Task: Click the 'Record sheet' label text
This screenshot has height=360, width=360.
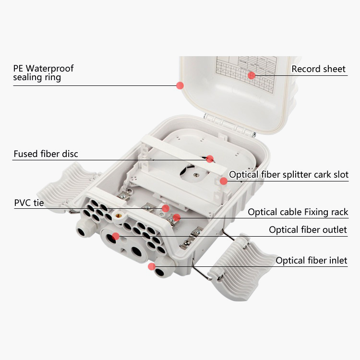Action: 318,69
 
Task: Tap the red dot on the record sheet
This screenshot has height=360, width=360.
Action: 252,75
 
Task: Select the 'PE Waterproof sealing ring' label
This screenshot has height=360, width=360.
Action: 43,73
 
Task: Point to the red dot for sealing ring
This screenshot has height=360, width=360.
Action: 180,85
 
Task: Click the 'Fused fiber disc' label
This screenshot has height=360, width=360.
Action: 46,154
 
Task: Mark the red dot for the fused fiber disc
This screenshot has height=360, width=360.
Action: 210,159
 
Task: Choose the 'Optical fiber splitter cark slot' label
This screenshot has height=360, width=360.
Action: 288,175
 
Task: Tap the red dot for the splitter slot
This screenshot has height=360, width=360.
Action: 223,181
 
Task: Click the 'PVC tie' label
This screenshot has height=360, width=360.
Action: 29,203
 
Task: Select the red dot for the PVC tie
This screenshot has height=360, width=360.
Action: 166,208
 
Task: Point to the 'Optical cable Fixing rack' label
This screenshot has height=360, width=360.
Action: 298,212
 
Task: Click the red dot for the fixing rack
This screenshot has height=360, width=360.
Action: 177,217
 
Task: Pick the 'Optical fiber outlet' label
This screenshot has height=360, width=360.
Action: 308,229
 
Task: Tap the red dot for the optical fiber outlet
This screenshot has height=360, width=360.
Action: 116,236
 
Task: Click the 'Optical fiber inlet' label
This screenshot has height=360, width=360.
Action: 312,260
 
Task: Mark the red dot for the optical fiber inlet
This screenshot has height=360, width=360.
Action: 152,266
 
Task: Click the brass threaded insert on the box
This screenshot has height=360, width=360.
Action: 119,216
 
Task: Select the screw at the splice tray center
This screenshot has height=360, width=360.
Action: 196,175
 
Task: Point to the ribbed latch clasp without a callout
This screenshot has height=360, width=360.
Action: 67,186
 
